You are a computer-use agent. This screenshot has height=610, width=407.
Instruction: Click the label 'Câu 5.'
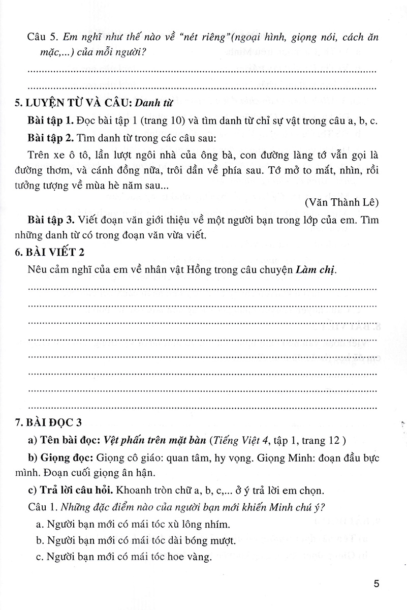[41, 38]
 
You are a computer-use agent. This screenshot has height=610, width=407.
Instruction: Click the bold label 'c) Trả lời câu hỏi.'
[72, 492]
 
